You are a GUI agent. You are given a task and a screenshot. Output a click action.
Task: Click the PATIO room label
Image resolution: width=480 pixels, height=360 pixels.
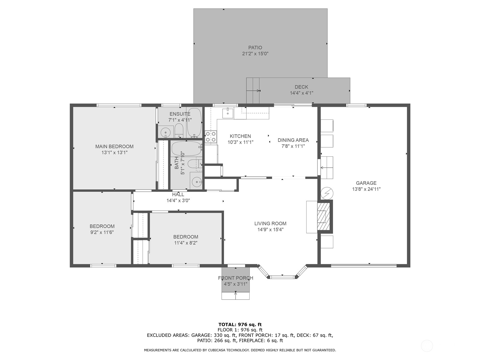tap(255, 47)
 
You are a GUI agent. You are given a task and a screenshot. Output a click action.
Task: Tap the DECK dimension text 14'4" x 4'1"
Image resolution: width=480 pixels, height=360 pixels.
tap(301, 93)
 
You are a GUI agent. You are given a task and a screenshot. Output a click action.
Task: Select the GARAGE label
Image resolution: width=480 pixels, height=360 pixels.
tap(366, 183)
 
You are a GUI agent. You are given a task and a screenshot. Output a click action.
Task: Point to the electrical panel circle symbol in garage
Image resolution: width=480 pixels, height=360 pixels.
tap(327, 193)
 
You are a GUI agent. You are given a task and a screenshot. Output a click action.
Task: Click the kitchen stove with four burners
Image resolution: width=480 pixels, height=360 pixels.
tap(211, 137)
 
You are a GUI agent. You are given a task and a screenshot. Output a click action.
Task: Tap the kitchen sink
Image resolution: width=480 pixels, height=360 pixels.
tap(228, 113)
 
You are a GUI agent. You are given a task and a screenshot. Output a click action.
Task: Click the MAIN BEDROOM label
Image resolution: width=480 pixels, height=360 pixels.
tap(114, 146)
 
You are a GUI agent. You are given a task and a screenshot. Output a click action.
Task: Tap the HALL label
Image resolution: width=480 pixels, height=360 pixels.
tap(178, 194)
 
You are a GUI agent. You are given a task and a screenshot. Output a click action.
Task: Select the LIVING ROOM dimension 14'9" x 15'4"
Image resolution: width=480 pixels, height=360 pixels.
tap(270, 229)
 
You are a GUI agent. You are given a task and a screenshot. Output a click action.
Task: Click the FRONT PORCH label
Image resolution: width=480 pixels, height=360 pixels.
tap(235, 278)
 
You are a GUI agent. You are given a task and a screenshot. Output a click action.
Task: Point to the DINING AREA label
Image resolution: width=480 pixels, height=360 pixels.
tap(293, 140)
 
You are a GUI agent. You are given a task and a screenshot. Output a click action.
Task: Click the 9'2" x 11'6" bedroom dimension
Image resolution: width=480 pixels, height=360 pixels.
tap(102, 232)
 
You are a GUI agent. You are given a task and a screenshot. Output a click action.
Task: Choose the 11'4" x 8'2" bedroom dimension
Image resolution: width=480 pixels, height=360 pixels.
tap(186, 243)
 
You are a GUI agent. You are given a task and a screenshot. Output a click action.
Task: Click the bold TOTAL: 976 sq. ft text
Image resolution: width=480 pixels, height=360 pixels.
tap(240, 324)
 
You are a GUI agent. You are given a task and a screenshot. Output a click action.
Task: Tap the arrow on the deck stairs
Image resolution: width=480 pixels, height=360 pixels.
tap(254, 91)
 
